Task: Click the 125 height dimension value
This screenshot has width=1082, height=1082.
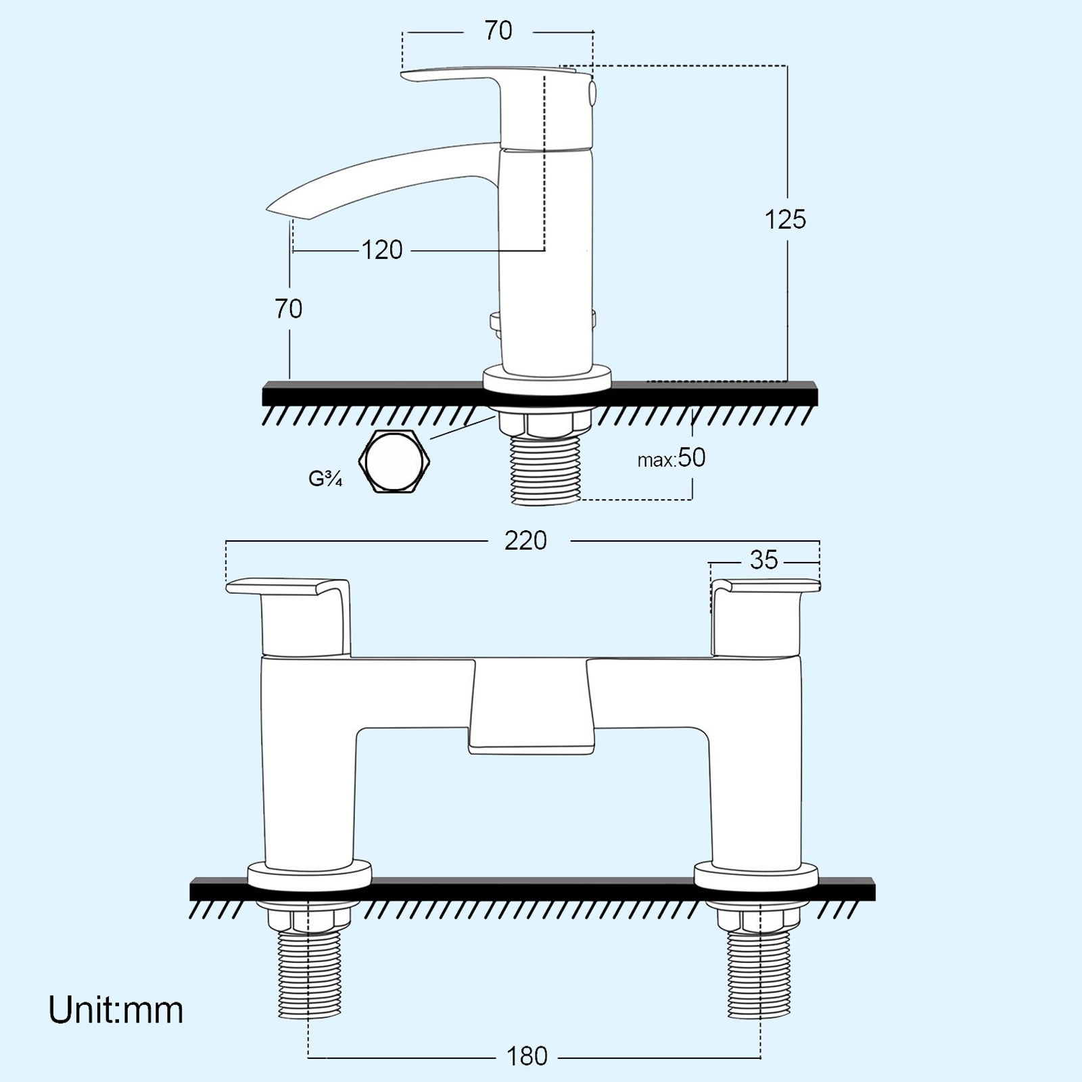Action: coord(785,220)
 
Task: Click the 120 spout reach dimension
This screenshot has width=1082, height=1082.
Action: coord(382,250)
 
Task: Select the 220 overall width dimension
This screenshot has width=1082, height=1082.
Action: coord(525,540)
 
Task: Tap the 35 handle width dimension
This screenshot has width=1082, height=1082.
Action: coord(764,560)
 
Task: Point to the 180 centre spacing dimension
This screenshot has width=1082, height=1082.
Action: coord(527,1056)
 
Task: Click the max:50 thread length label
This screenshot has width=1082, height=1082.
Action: coord(672,458)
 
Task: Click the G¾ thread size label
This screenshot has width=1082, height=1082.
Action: coord(325,479)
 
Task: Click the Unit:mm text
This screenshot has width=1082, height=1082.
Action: coord(116,1010)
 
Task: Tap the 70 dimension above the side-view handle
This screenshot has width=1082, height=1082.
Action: coord(498,31)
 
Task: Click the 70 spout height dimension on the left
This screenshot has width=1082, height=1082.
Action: coord(289,309)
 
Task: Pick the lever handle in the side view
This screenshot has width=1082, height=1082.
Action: coord(473,74)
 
